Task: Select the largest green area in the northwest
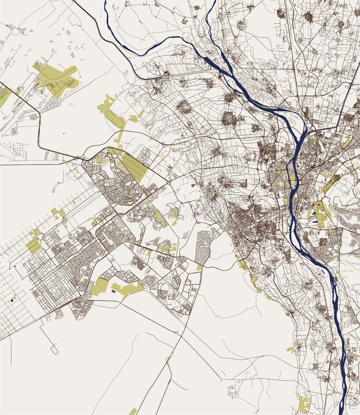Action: pos(56,78)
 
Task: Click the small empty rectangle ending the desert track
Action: pos(54,350)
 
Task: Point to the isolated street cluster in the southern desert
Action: pos(232,391)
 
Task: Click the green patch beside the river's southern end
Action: pos(304,404)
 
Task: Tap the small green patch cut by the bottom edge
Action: pos(133,411)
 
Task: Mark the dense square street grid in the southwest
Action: pos(51,282)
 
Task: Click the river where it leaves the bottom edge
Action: pos(341,410)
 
